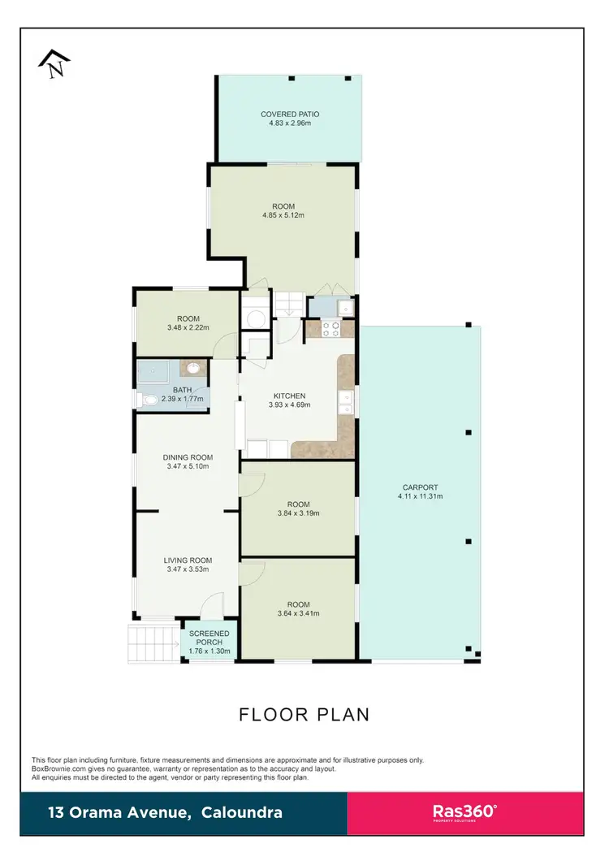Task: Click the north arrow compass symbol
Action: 55,63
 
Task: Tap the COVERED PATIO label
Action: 289,115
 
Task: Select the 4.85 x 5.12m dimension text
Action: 283,215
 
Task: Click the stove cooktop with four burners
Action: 331,329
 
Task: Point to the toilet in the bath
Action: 149,400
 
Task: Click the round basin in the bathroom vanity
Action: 194,370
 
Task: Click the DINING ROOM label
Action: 188,457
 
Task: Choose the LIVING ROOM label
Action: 188,560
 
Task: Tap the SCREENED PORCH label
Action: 209,638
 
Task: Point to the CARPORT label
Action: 420,487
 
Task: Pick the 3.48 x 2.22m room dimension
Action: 188,328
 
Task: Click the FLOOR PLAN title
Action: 304,715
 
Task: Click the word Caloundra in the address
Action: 244,812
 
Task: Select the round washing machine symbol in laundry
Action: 254,318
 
